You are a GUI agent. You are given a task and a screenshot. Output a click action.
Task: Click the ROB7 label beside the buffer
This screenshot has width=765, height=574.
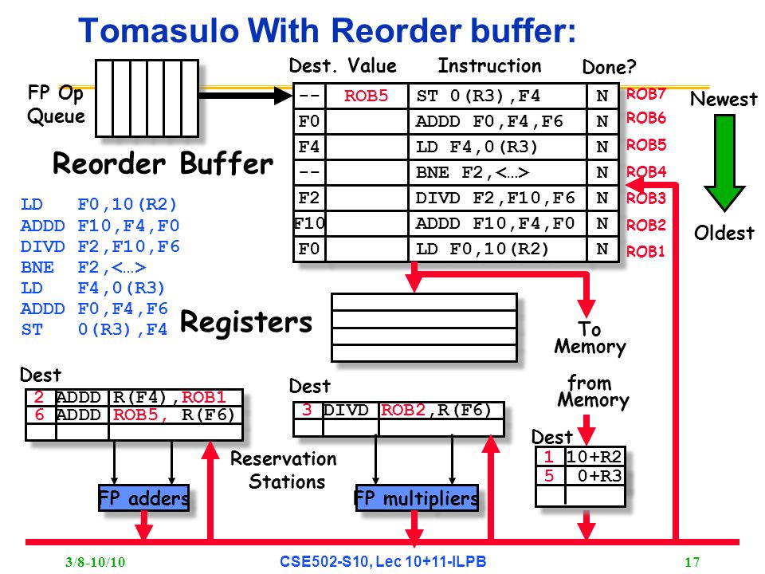[646, 94]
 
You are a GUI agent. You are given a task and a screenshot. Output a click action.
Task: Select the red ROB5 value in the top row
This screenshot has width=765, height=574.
[366, 96]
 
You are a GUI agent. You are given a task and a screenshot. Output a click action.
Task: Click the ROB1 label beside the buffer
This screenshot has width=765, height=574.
[645, 251]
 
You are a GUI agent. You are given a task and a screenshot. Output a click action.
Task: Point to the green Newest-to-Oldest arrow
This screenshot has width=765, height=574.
[724, 163]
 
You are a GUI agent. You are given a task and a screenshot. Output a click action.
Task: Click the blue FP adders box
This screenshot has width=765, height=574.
[144, 497]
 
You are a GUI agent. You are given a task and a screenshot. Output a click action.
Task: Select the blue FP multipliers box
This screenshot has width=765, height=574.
[417, 497]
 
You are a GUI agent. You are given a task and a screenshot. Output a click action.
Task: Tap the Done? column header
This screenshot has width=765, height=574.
[610, 67]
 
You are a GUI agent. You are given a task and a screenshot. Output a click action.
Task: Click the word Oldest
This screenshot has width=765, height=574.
[724, 233]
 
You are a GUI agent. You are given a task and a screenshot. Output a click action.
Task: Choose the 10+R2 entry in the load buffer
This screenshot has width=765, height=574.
[594, 456]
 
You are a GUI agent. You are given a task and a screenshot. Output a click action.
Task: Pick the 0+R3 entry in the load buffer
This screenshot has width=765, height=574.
[599, 475]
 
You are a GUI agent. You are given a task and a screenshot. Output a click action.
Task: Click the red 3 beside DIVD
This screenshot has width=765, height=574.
[307, 410]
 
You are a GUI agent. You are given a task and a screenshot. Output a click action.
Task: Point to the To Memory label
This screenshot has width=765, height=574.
[590, 338]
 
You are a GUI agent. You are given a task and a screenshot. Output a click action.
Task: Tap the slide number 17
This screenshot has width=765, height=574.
[692, 562]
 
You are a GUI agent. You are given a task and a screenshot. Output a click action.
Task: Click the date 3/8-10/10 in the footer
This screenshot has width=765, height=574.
[96, 562]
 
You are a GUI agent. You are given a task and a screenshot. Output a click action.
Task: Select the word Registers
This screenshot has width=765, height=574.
[246, 322]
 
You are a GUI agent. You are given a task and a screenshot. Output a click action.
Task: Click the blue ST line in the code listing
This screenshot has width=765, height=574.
[94, 329]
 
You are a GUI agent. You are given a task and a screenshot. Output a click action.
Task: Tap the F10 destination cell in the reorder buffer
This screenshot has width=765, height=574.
[309, 223]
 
